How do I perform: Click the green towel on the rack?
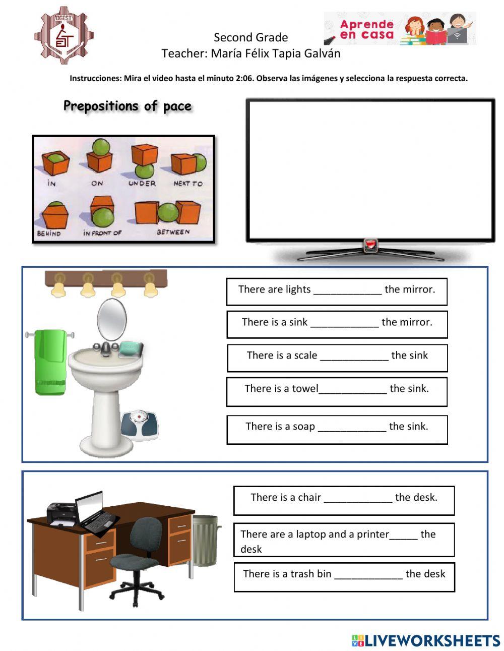[50, 361]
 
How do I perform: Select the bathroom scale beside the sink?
[139, 424]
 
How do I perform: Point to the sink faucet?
[106, 347]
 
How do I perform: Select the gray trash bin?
[205, 539]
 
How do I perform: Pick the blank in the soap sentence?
[352, 428]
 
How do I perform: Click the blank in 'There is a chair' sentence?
[358, 499]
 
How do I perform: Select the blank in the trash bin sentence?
[368, 575]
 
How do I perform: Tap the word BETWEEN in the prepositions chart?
[173, 232]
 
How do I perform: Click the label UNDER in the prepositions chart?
[142, 184]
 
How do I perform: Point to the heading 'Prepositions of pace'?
[128, 106]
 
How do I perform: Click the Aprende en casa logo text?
[366, 29]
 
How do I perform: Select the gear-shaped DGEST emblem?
[64, 35]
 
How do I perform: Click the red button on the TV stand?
[370, 246]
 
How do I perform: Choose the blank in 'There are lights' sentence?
[347, 290]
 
